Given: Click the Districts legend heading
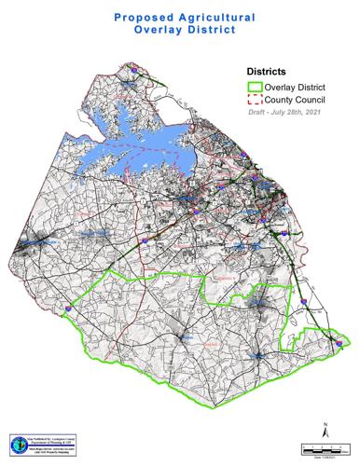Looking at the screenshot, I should tap(270, 70).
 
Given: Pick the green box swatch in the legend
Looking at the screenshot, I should tap(254, 86).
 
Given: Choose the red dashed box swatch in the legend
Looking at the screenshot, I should tap(254, 99).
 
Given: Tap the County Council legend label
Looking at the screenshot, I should tap(296, 99).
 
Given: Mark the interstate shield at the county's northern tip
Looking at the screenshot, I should tap(135, 66).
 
